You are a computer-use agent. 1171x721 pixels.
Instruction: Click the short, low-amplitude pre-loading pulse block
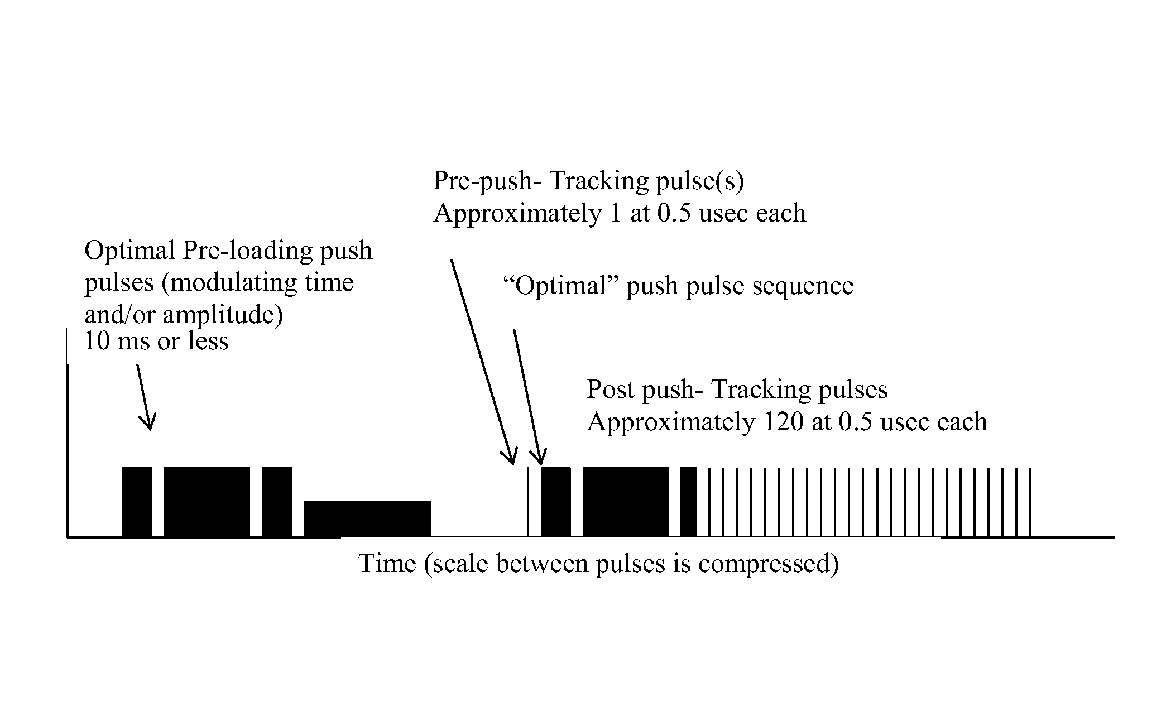click(x=367, y=519)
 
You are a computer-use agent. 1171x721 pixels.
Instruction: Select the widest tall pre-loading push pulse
click(x=207, y=502)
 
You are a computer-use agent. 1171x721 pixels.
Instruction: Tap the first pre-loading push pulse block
click(x=137, y=502)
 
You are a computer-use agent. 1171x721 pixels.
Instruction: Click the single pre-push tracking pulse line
click(x=528, y=502)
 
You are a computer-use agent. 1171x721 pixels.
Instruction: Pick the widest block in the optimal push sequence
click(x=625, y=502)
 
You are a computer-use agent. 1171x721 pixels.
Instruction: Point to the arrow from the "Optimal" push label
click(x=527, y=396)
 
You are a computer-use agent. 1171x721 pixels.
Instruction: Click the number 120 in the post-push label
click(x=781, y=422)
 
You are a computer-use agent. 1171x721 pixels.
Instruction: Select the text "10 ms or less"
click(x=156, y=341)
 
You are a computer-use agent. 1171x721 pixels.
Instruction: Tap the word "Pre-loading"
click(x=248, y=251)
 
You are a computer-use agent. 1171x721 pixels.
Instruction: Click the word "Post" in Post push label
click(x=611, y=390)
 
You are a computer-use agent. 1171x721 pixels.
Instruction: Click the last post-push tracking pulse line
click(x=1030, y=502)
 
